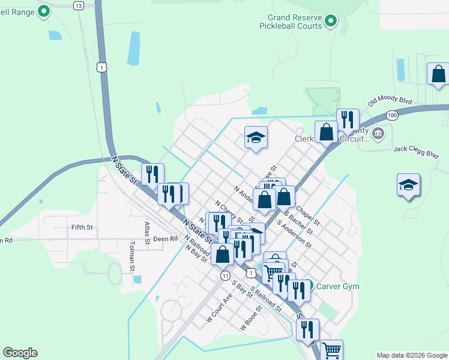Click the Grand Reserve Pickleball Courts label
(291, 22)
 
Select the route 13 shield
(79, 5)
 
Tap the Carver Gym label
(338, 286)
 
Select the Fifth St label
(82, 227)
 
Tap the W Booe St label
(251, 319)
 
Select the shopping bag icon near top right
(438, 74)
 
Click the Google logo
(20, 353)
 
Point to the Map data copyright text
(411, 355)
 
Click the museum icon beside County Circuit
(378, 133)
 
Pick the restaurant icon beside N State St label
(152, 175)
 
